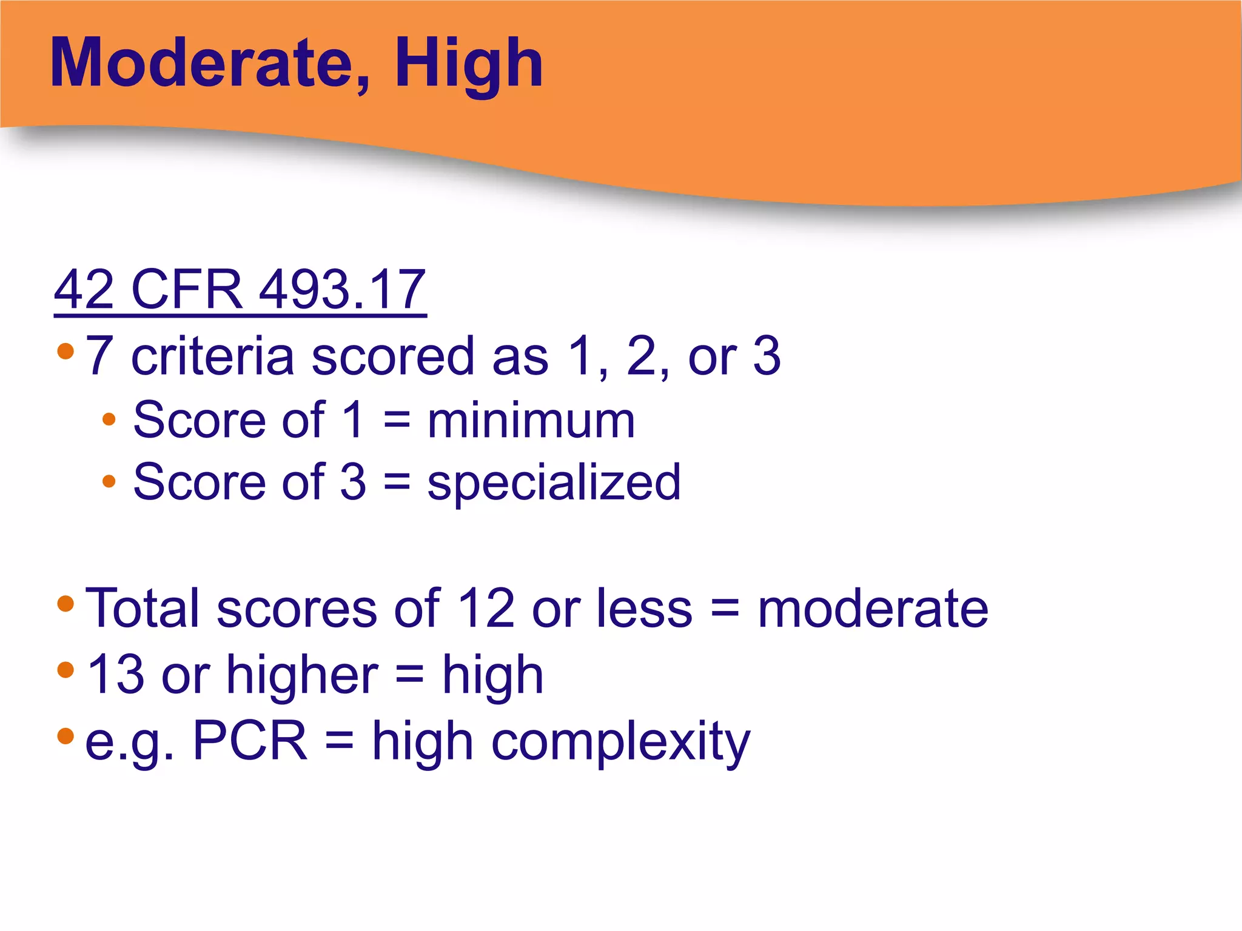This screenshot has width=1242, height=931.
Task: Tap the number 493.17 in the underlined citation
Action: pos(343,289)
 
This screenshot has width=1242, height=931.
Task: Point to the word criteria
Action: pos(212,356)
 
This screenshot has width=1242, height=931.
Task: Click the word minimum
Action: pos(531,421)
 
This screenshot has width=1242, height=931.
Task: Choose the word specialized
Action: pos(554,483)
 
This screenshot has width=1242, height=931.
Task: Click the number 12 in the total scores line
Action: pos(486,608)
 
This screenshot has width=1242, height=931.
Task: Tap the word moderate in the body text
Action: pos(873,608)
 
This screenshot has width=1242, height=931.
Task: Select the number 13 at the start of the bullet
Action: pos(116,674)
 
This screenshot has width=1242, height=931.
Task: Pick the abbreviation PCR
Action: pos(250,740)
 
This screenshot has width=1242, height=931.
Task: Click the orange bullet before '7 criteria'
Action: pos(65,351)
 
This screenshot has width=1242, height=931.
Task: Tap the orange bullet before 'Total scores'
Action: pos(65,603)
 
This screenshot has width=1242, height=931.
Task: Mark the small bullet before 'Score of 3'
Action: pos(109,481)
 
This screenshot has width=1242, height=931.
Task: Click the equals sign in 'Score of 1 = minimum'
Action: pos(397,421)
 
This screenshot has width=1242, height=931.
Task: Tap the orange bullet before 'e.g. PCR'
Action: pos(65,736)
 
